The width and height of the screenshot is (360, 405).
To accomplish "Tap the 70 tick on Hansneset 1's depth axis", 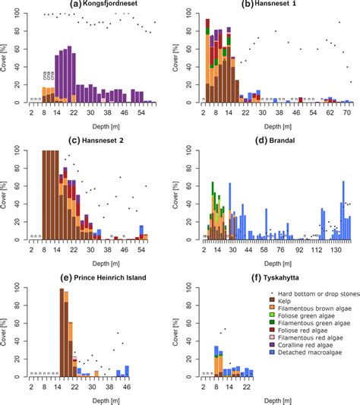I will click(346, 112).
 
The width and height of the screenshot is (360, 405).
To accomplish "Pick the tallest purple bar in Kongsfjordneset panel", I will click(70, 74).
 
